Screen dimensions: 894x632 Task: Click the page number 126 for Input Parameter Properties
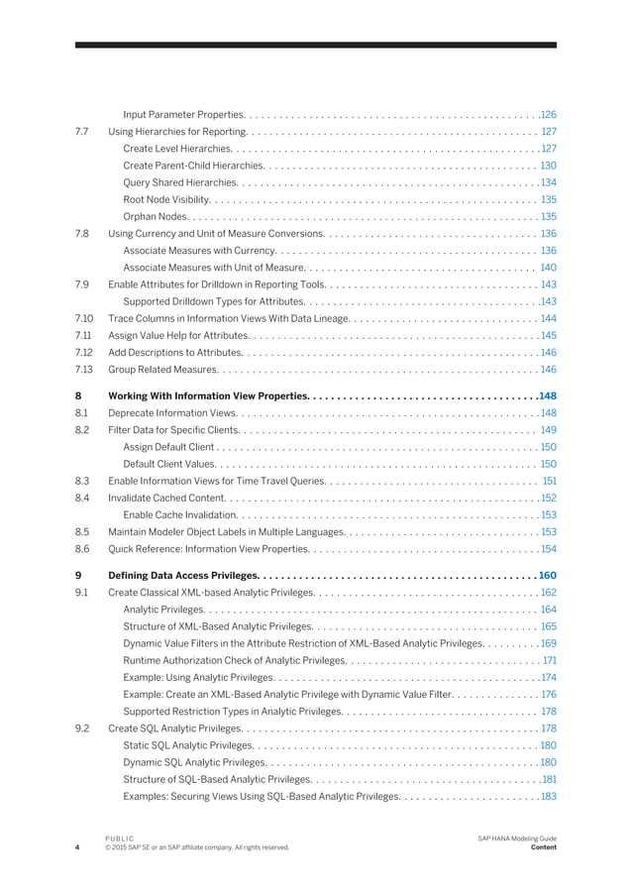pos(548,114)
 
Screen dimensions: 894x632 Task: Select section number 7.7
pos(83,131)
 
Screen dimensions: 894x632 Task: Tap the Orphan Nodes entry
pos(156,216)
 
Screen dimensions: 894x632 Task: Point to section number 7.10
pos(84,318)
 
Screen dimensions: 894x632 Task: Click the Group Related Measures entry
pos(163,370)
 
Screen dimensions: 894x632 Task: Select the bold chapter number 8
pos(78,395)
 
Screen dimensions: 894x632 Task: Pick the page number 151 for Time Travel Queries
pos(550,481)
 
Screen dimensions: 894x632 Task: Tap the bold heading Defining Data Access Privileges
pos(183,575)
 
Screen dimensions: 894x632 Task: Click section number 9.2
pos(83,728)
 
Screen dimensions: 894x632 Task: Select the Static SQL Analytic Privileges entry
pos(188,745)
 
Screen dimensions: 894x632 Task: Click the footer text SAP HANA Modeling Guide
pos(516,838)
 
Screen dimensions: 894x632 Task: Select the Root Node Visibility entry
pos(165,199)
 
